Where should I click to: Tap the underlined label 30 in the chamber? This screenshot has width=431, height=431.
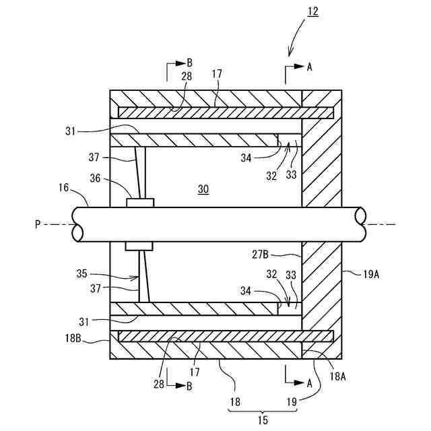click(203, 189)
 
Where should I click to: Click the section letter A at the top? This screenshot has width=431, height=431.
click(310, 67)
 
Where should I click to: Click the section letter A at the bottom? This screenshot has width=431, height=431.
click(309, 383)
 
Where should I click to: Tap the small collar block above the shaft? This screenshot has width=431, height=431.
click(140, 202)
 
